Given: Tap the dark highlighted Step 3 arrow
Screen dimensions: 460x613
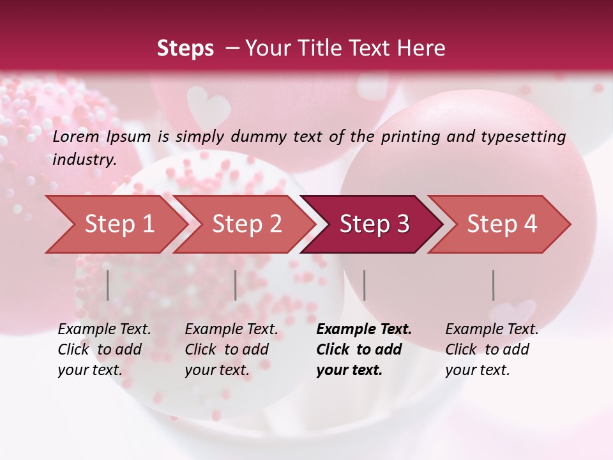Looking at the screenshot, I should coord(374,224).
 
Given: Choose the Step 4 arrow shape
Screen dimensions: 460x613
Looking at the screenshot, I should coord(502,224).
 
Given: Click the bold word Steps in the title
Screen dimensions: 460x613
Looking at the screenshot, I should coord(185,48).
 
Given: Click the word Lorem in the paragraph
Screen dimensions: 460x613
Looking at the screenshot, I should coord(75,136).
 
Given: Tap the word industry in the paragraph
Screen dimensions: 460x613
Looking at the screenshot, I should coord(84,159).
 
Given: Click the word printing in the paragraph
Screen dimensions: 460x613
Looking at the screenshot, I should coord(406,137).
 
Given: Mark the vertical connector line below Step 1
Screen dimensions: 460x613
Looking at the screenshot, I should coord(107,285).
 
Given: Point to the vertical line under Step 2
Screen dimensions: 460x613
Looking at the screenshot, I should coord(235,285).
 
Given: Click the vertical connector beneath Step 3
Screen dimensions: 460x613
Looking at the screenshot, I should coord(364,285).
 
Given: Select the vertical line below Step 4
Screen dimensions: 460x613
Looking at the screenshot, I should coord(493,285).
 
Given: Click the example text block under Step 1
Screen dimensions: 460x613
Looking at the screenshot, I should coord(104,349).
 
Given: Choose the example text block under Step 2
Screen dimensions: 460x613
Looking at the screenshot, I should coord(231,349).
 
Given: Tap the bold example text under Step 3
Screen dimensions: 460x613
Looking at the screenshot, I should coord(363,349).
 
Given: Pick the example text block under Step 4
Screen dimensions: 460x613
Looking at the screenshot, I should coord(492,349).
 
